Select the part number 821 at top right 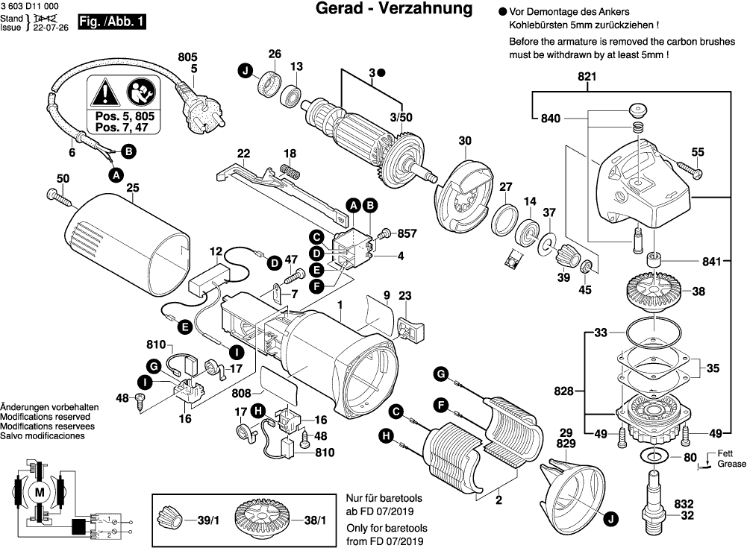click(x=587, y=77)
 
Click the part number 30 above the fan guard click(x=464, y=140)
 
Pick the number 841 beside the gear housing click(x=713, y=262)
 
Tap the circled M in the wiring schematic click(x=40, y=492)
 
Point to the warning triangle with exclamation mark click(x=105, y=93)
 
